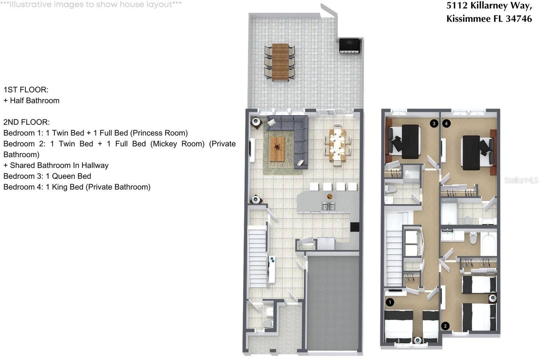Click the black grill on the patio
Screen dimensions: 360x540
349,45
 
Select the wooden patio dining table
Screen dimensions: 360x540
280,62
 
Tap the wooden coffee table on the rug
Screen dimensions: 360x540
277,149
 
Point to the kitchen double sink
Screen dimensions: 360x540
328,206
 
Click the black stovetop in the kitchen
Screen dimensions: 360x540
354,226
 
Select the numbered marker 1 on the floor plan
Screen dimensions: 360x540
390,302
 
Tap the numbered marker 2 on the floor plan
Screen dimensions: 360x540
445,326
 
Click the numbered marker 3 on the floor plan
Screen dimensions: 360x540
434,123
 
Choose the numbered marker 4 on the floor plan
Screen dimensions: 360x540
446,123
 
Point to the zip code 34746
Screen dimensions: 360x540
519,18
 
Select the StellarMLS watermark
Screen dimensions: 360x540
521,180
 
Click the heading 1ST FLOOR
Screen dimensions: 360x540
26,90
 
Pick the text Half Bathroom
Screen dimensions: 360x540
34,100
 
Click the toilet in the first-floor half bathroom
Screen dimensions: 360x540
268,323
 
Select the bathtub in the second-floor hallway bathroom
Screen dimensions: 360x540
489,244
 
